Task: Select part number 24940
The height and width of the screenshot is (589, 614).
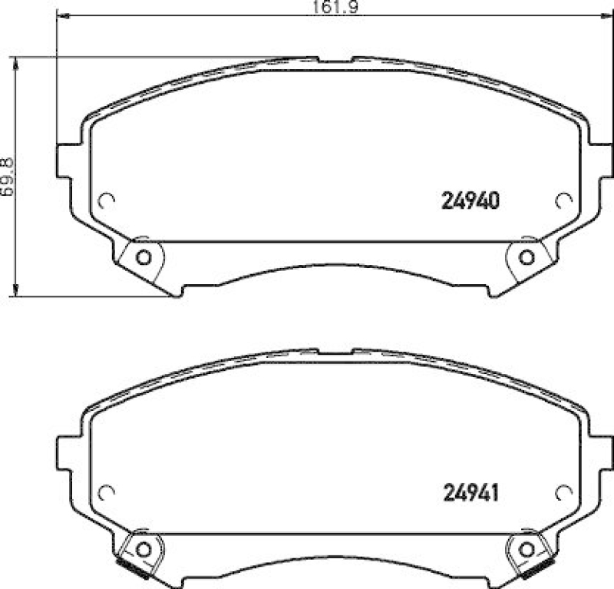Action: point(470,201)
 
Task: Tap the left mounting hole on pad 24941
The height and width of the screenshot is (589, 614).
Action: point(142,548)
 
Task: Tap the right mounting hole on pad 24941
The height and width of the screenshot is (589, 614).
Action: point(526,548)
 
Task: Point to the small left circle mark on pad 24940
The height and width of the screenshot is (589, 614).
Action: point(107,200)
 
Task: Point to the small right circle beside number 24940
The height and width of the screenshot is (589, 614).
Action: point(563,200)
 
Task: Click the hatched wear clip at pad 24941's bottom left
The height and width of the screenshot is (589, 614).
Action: point(132,567)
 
